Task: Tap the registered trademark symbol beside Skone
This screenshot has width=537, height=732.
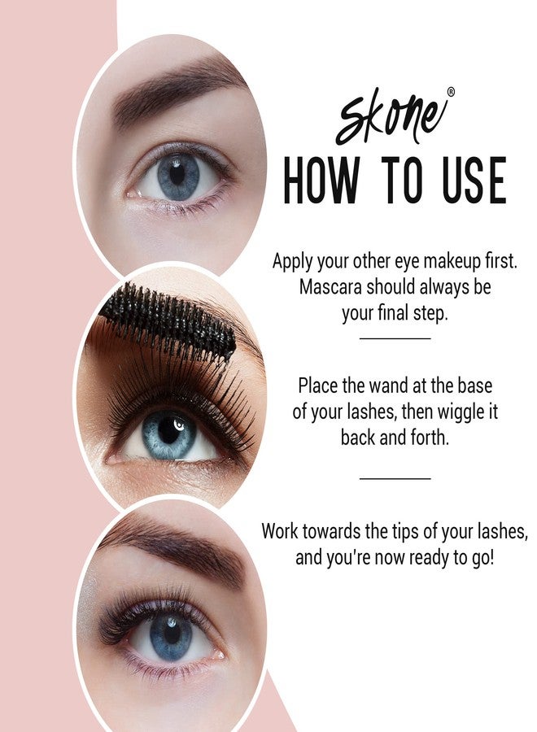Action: pyautogui.click(x=451, y=93)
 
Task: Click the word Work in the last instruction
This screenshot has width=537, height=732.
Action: pyautogui.click(x=281, y=532)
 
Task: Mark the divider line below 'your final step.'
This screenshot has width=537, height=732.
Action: pyautogui.click(x=395, y=338)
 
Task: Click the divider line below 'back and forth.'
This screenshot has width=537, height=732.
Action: pyautogui.click(x=395, y=478)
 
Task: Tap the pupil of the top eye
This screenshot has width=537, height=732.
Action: pyautogui.click(x=177, y=174)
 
